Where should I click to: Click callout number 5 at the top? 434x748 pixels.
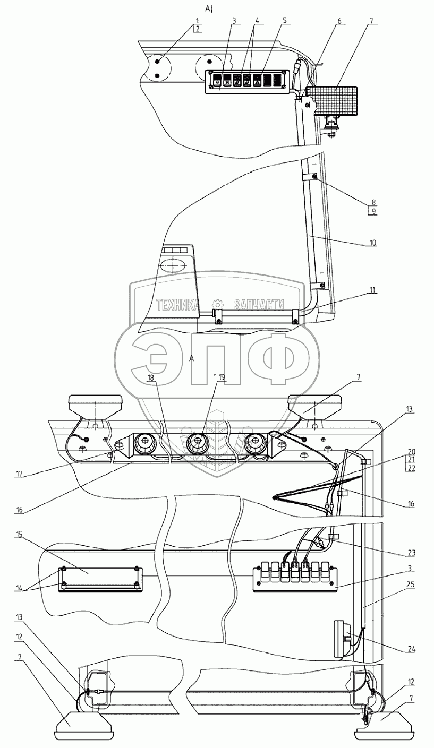(284, 20)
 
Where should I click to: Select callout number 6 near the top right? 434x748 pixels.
(339, 21)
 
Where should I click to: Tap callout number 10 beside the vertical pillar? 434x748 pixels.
(373, 243)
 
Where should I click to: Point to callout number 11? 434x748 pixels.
(372, 290)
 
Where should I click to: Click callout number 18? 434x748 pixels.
(150, 377)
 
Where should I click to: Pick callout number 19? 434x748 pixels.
(222, 377)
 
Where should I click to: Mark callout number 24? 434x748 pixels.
(411, 649)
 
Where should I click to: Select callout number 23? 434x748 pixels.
(411, 553)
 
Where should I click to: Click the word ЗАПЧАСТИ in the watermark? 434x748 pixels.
(259, 305)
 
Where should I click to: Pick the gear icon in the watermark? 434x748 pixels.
(217, 305)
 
